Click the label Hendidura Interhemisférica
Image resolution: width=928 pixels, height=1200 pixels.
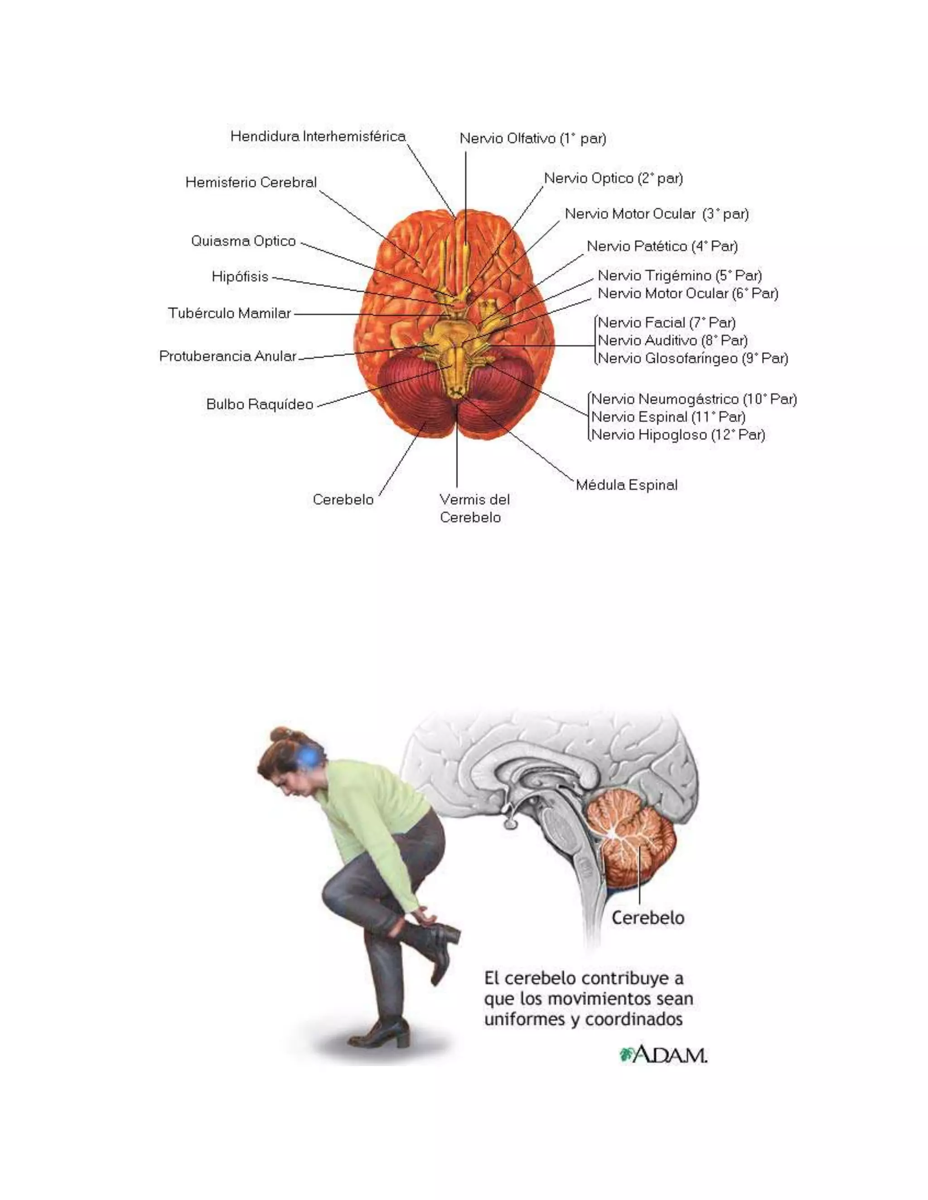coord(318,136)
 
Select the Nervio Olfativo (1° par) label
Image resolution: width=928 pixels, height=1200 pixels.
coord(532,139)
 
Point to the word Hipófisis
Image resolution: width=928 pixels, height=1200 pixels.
coord(240,276)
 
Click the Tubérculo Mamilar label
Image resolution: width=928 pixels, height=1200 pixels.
coord(229,313)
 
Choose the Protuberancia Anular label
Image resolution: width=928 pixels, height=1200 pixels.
coord(227,356)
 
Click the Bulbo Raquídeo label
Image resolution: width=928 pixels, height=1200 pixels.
coord(260,404)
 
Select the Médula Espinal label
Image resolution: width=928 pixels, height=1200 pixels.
coord(626,485)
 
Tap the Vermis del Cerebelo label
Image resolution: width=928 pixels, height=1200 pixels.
coord(474,508)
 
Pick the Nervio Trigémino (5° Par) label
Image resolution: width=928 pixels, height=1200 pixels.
coord(680,275)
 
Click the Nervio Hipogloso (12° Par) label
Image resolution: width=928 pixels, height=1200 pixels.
coord(677,435)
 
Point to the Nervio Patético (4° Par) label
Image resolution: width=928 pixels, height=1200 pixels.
coord(662,246)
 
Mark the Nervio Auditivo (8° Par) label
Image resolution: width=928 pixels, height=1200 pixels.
coord(672,340)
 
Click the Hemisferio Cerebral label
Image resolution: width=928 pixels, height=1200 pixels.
coord(251,182)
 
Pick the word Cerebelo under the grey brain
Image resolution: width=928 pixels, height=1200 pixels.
coord(648,917)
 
